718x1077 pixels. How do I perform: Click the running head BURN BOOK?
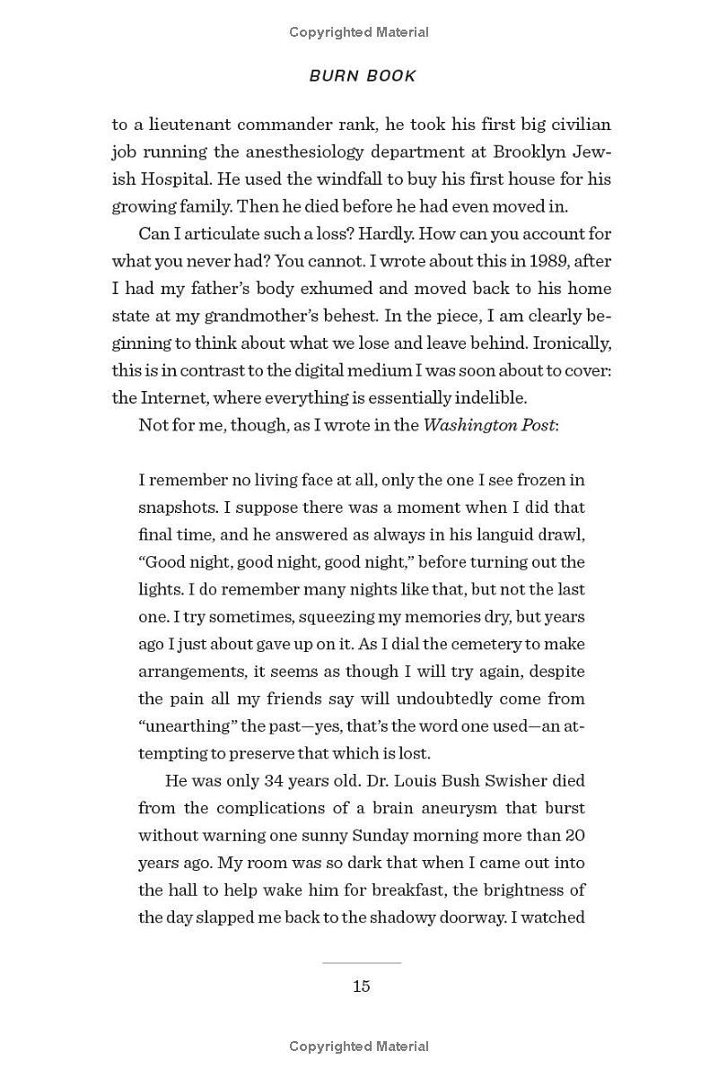click(x=363, y=76)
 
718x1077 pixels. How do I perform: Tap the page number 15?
click(x=361, y=986)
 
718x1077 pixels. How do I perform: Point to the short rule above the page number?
click(x=361, y=963)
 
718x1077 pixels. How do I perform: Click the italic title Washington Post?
click(x=489, y=425)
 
